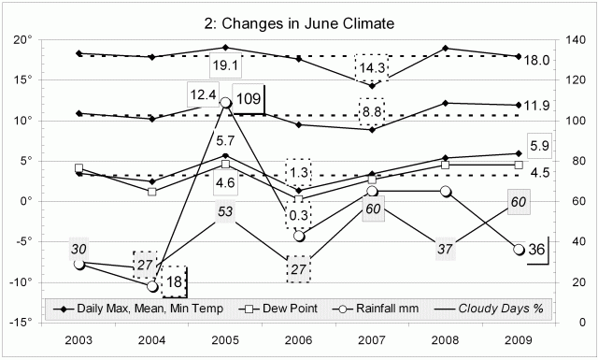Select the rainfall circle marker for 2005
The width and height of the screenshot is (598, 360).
pyautogui.click(x=225, y=103)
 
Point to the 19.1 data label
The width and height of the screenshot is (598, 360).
pyautogui.click(x=225, y=66)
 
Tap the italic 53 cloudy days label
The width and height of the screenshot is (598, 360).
pyautogui.click(x=225, y=212)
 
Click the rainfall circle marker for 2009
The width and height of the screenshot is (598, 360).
pyautogui.click(x=519, y=249)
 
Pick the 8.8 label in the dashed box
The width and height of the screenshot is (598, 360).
pyautogui.click(x=371, y=111)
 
